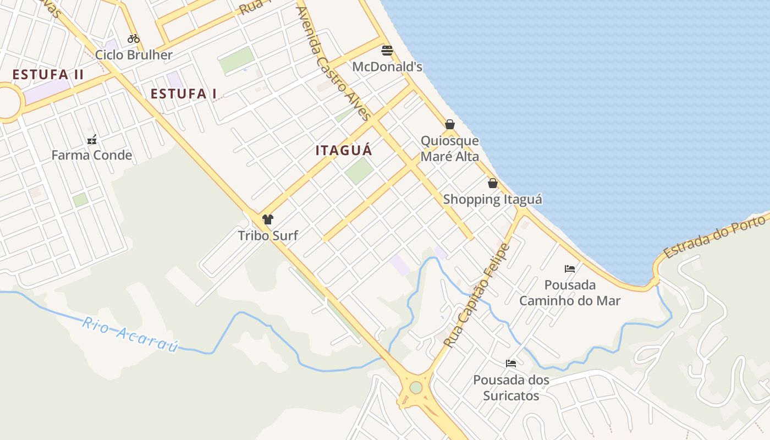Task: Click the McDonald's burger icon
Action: coord(387,51)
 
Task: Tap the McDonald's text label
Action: coord(387,67)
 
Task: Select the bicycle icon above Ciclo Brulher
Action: coord(134,38)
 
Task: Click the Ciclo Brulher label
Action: coord(134,55)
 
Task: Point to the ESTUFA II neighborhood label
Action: coord(48,75)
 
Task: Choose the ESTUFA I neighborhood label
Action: coord(184,94)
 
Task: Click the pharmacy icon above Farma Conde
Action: coord(92,140)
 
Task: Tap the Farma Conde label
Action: coord(92,155)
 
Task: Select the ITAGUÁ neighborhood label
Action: coord(344,150)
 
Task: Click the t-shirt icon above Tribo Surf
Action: coord(268,220)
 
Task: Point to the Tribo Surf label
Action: coord(268,235)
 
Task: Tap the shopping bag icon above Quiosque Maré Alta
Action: coord(450,125)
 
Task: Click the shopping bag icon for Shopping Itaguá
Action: coord(493,183)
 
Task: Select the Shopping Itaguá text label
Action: coord(493,199)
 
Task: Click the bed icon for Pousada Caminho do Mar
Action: coord(570,269)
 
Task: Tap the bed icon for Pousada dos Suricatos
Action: coord(511,364)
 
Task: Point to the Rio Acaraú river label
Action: coord(131,334)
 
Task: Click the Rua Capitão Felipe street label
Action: coord(476,295)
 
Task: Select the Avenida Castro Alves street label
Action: coord(333,63)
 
